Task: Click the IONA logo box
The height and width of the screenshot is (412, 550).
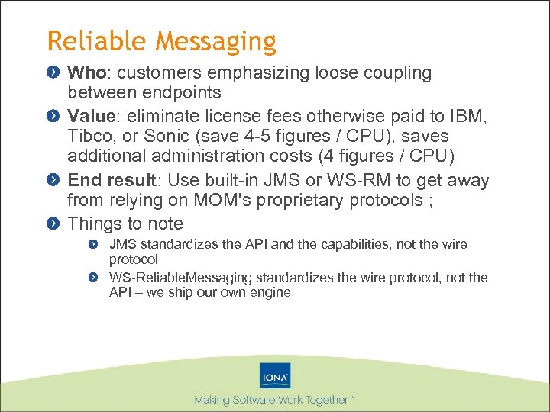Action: coord(275,376)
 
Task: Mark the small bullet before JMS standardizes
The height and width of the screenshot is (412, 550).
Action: coord(92,245)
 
